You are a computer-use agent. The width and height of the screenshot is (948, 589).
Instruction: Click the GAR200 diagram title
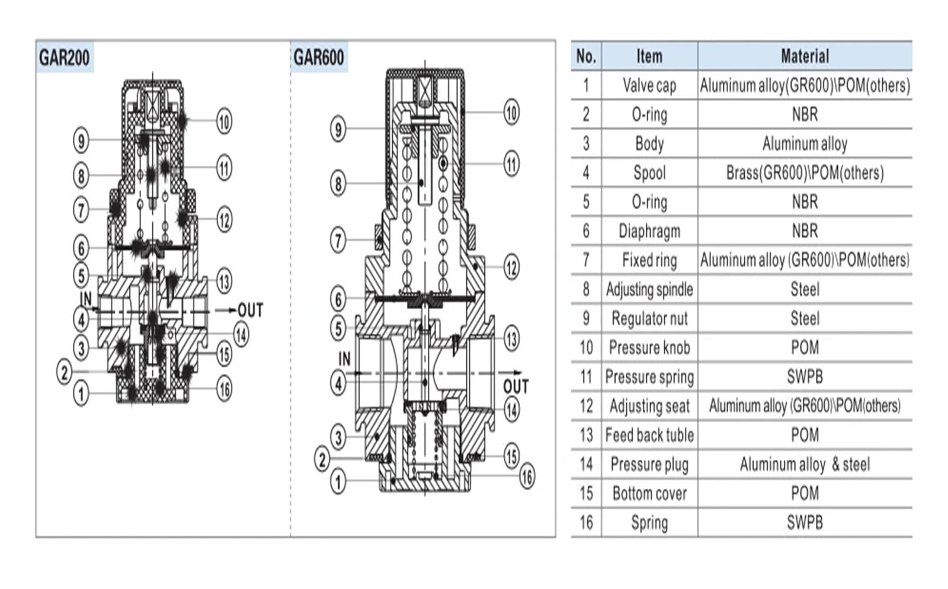[65, 57]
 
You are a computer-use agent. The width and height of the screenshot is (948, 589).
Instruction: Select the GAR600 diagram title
[319, 57]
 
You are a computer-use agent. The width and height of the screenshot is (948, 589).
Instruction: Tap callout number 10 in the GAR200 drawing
[225, 122]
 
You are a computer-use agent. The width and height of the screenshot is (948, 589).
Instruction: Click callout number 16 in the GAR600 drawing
[527, 477]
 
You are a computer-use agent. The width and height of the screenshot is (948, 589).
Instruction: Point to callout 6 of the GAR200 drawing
[81, 248]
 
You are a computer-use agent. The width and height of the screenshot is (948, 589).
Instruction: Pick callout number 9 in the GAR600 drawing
[338, 129]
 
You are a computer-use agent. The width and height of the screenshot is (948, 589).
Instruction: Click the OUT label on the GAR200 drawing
[251, 310]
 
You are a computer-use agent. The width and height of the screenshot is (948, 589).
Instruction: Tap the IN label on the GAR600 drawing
[344, 359]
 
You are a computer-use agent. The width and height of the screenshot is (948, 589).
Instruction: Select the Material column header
[805, 56]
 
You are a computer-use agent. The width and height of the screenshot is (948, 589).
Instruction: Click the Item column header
[649, 56]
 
